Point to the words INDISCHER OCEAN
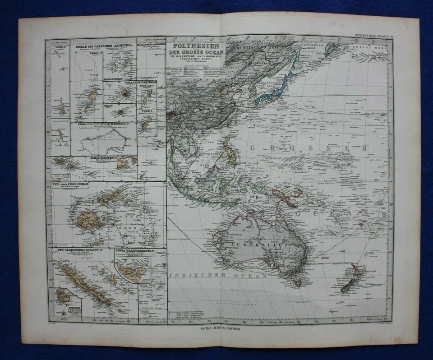(216, 275)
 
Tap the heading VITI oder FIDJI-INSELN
(72, 185)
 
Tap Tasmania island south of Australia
(297, 282)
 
